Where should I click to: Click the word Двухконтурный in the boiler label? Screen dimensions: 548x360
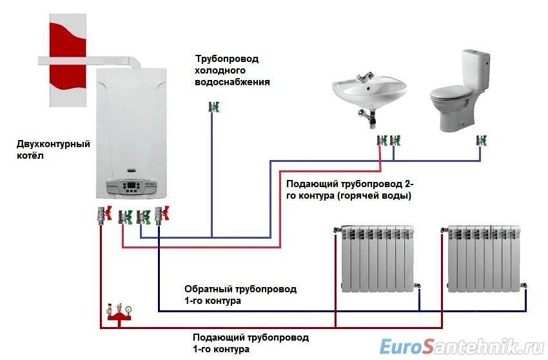(x=53, y=144)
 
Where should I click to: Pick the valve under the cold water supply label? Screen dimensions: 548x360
(x=214, y=106)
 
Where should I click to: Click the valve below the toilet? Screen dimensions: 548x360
(x=482, y=141)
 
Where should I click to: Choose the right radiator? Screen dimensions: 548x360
(x=484, y=259)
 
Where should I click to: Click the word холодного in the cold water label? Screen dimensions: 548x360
(x=220, y=70)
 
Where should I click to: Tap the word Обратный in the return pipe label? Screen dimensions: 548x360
(x=208, y=289)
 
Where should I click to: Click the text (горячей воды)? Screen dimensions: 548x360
(x=375, y=195)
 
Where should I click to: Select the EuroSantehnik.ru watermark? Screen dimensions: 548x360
(x=462, y=346)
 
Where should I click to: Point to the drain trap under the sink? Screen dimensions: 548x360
(x=368, y=117)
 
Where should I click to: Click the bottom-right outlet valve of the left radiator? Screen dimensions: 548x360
(x=417, y=285)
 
